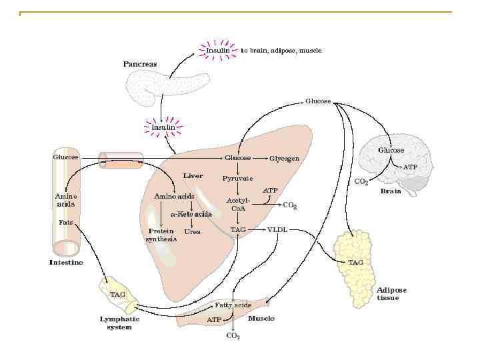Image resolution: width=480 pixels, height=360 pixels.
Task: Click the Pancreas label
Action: click(140, 64)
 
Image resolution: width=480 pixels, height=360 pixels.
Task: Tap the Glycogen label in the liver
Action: click(284, 159)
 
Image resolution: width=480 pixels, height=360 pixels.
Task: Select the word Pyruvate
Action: click(237, 179)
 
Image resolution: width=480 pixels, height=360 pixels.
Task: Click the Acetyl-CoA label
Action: click(238, 204)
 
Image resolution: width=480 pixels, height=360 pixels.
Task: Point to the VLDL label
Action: click(277, 229)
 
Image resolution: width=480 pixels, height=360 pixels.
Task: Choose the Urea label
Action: click(192, 232)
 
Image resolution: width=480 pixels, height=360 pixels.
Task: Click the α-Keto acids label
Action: click(191, 215)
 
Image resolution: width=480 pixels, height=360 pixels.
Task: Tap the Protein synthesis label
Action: click(161, 235)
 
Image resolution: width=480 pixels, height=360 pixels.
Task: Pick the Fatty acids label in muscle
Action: click(233, 305)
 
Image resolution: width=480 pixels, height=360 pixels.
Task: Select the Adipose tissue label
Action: click(391, 294)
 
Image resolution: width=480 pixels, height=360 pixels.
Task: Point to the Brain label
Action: click(390, 191)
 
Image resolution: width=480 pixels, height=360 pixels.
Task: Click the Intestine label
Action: click(67, 263)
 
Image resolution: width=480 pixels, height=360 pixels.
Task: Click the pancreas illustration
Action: click(167, 87)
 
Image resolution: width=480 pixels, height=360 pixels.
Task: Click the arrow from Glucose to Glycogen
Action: click(260, 159)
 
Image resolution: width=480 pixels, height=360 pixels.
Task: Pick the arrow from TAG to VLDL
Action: click(257, 229)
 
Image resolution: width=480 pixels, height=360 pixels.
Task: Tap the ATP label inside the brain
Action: click(411, 167)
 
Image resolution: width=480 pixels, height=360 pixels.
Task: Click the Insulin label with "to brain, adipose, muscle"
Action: click(218, 50)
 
